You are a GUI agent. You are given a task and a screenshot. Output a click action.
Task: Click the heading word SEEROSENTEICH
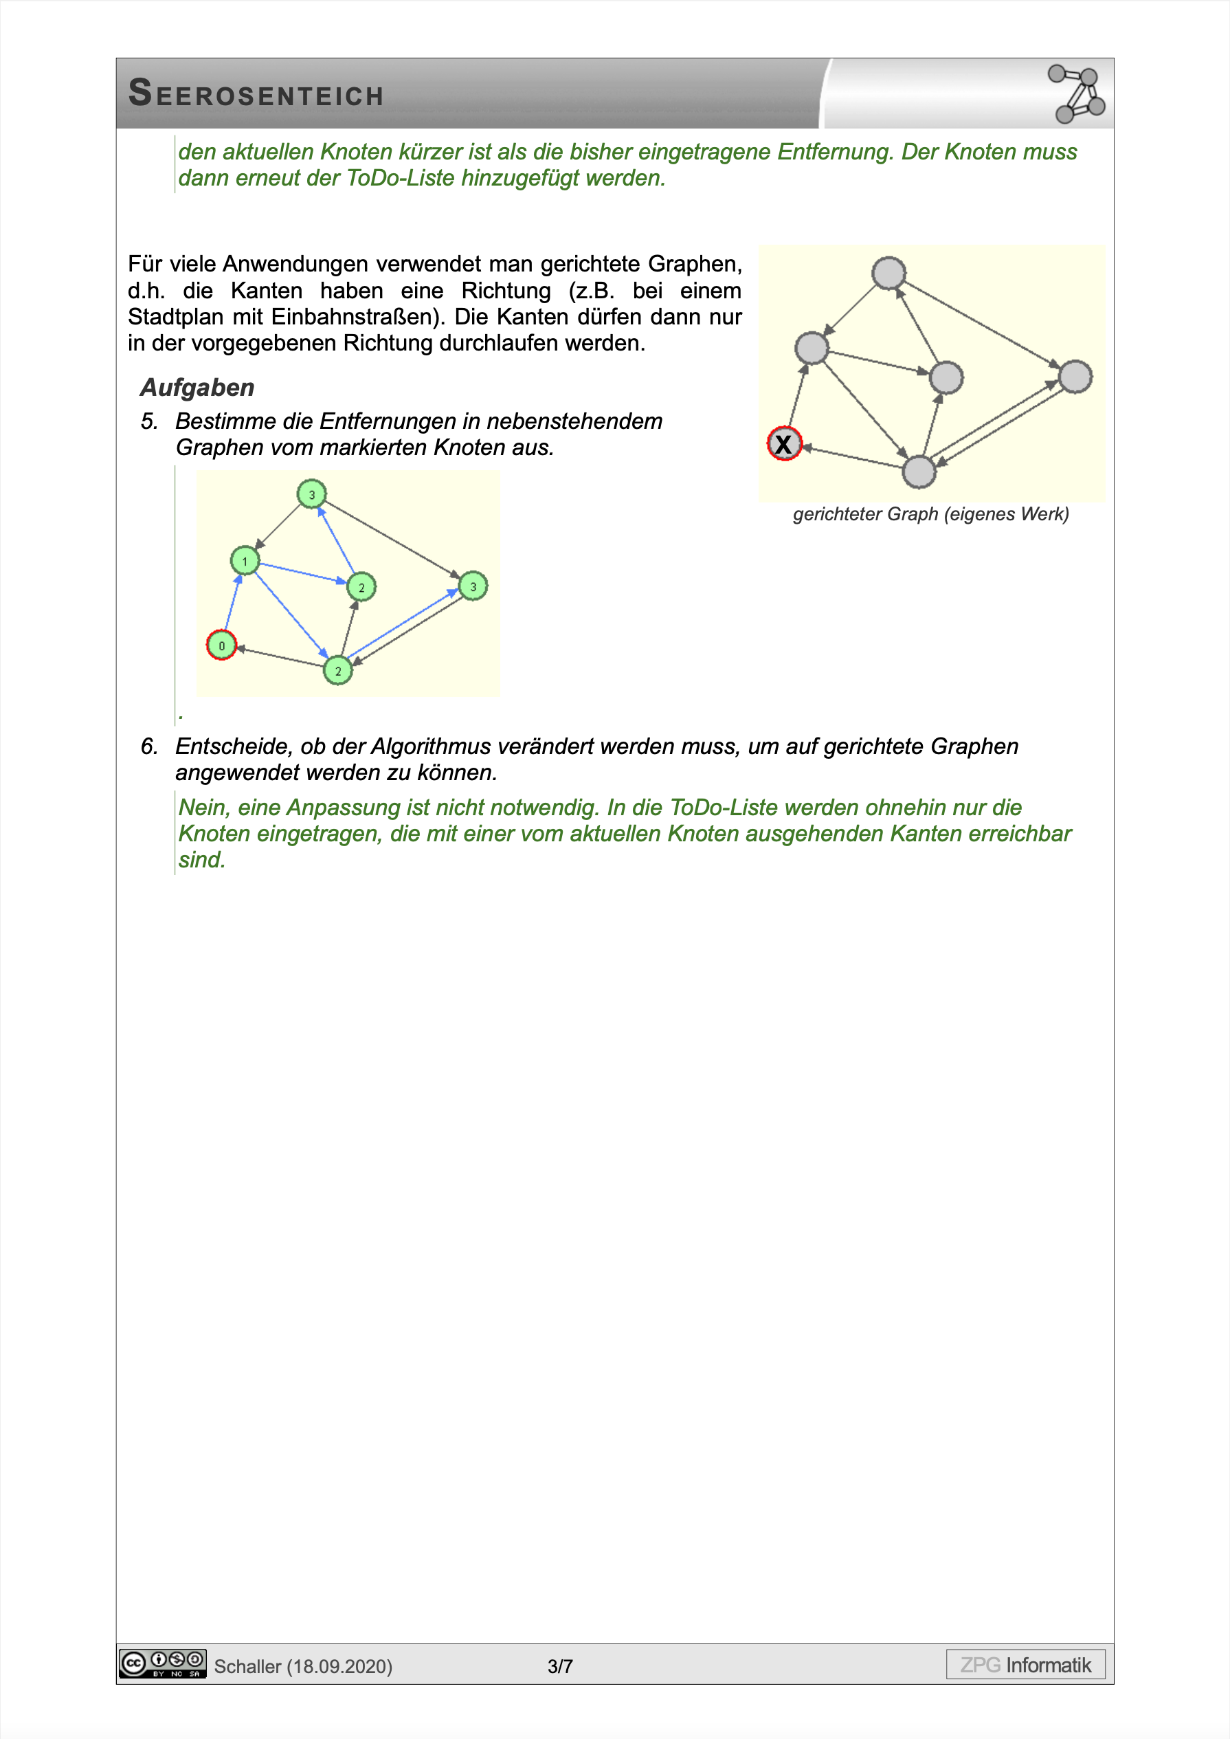tap(256, 94)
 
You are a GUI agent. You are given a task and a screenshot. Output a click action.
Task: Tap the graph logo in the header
tap(1076, 94)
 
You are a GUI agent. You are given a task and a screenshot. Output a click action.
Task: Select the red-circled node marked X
tap(784, 444)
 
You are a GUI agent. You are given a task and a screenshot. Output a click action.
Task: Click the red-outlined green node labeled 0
tap(221, 645)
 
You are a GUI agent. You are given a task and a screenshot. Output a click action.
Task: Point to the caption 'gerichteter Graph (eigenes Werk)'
tap(930, 514)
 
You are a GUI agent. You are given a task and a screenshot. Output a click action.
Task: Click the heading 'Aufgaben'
tap(197, 388)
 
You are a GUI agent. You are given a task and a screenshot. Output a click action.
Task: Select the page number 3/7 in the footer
tap(560, 1666)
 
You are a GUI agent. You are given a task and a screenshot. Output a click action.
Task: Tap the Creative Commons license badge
tap(162, 1664)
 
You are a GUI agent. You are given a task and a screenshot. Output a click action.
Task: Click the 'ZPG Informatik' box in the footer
tap(1025, 1665)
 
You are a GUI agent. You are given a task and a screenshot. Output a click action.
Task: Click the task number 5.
tap(149, 422)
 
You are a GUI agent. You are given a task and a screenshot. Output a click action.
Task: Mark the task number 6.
tap(149, 746)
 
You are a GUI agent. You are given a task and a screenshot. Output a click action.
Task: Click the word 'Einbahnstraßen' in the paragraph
tap(357, 317)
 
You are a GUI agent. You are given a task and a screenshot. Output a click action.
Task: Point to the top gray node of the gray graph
tap(888, 273)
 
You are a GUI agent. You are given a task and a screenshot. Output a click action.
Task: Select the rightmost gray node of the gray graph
tap(1075, 377)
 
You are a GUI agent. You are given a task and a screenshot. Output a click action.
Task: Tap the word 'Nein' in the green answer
tap(202, 808)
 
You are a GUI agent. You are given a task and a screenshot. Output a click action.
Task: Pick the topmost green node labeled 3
tap(311, 495)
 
